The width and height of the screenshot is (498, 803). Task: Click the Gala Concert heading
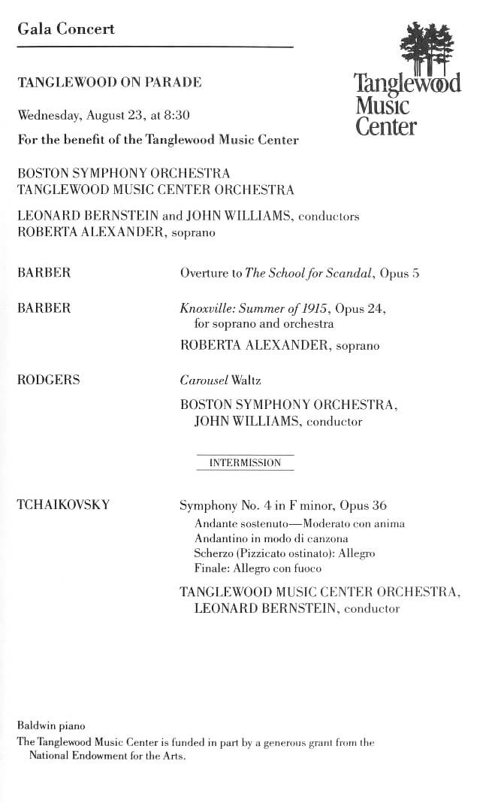[66, 29]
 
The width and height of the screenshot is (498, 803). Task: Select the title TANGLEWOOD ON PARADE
[109, 83]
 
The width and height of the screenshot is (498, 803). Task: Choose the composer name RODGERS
[48, 380]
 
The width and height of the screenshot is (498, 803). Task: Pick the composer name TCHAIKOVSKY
[63, 505]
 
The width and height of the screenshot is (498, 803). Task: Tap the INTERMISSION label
[245, 463]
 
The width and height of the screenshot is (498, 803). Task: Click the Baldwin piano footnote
[51, 726]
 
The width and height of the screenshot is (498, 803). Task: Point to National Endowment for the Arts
[107, 756]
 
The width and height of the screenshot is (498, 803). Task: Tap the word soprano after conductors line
[193, 233]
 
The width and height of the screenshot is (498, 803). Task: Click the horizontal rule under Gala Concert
[155, 47]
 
